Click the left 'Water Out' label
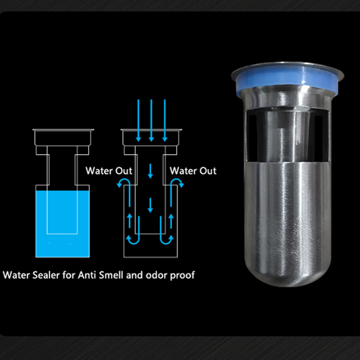coord(109,171)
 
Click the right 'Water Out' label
coord(193,171)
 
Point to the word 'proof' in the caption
coord(181,275)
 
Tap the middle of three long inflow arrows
coord(150,120)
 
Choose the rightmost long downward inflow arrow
coord(164,120)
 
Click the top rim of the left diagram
coord(64,132)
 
